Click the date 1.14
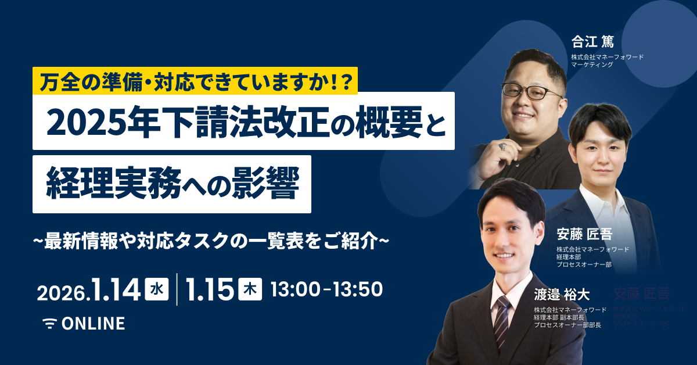point(114,289)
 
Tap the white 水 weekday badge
point(156,288)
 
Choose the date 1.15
point(209,289)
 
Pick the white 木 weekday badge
point(250,288)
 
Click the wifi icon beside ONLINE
point(51,324)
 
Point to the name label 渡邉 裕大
point(562,295)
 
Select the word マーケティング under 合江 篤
point(592,65)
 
